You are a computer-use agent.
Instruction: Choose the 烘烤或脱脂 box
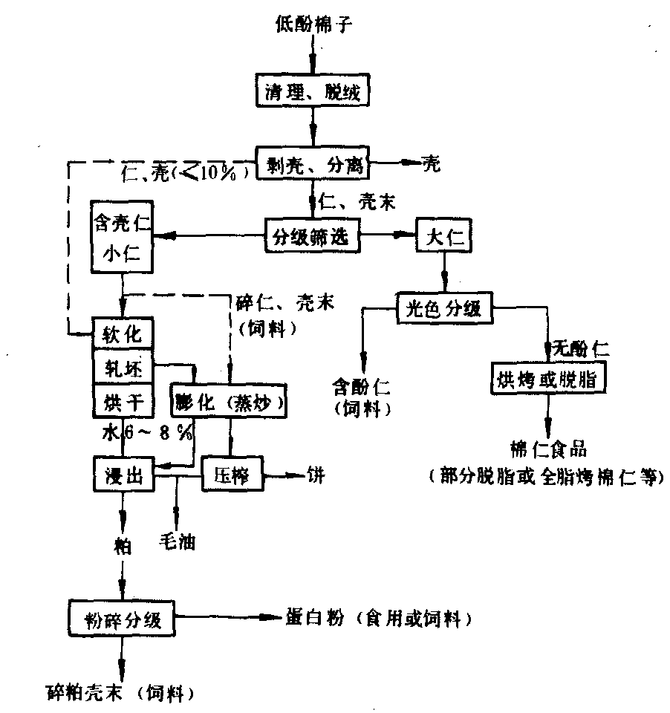click(x=548, y=379)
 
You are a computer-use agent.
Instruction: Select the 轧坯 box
click(x=123, y=368)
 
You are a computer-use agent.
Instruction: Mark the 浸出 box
click(x=122, y=473)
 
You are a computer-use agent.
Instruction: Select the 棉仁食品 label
click(x=549, y=450)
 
